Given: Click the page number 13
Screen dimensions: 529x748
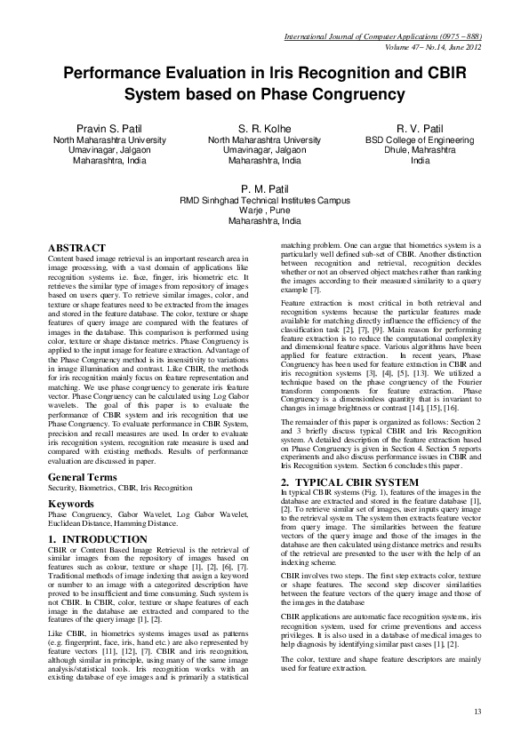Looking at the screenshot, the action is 477,712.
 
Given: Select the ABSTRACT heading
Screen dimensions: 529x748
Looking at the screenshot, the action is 78,247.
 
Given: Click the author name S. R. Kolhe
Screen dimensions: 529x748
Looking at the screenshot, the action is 264,129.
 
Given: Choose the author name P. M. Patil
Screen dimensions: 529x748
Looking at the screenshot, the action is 265,189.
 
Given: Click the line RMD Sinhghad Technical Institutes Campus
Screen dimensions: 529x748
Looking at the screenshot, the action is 265,201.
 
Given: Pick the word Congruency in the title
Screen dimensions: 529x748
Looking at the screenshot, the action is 356,95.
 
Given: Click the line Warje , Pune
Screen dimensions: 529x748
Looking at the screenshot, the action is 265,211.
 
